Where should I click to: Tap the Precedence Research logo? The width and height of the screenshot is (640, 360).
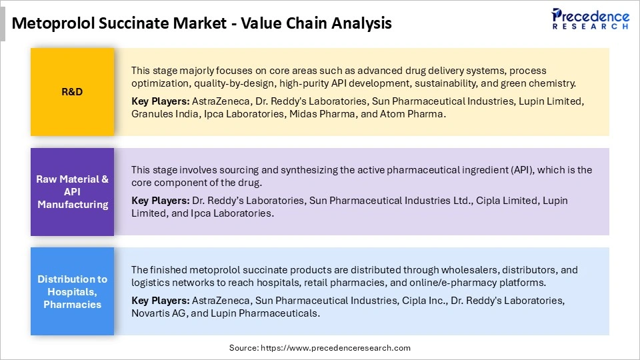point(590,19)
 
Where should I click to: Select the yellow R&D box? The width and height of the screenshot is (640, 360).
point(72,92)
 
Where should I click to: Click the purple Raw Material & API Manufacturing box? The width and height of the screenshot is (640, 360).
point(72,192)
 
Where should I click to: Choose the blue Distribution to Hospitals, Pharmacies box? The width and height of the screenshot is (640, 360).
point(72,292)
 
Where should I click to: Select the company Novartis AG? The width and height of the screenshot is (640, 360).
point(157,313)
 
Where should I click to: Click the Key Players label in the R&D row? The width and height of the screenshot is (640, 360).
point(160,102)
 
